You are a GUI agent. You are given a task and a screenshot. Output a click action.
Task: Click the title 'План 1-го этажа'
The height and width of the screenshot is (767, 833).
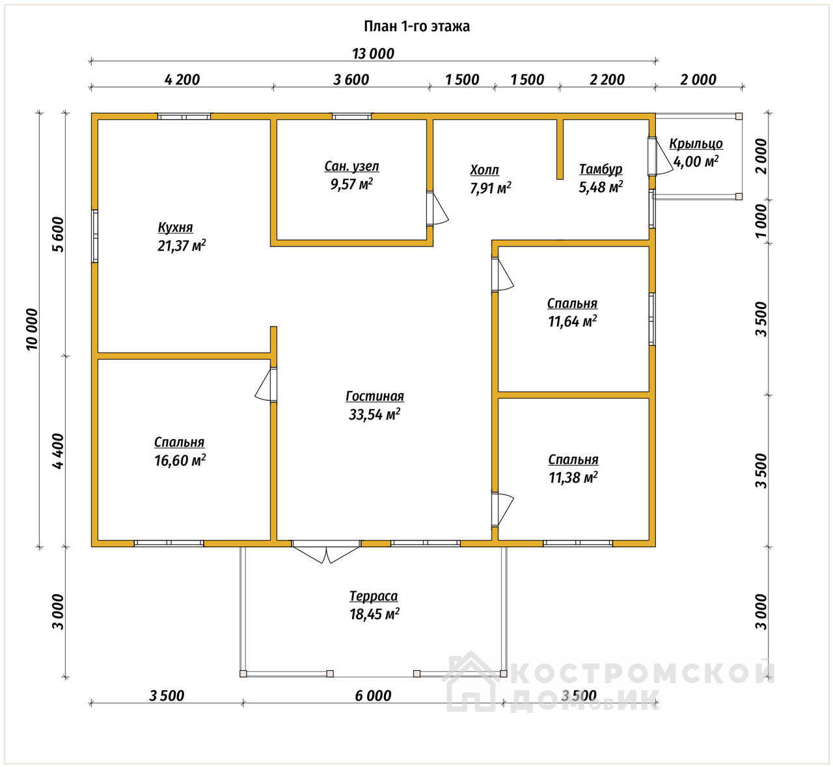point(416,27)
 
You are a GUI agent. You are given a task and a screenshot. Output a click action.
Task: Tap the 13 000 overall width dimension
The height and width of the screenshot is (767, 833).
point(373,54)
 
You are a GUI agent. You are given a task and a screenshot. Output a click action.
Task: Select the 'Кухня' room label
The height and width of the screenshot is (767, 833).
point(175,228)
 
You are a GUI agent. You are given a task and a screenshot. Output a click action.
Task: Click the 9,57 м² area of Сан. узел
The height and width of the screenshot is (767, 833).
point(351,184)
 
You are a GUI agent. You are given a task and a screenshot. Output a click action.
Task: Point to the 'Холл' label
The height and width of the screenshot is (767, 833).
point(484,170)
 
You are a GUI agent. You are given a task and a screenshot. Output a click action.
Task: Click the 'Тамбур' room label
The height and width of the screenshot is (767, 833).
point(601,169)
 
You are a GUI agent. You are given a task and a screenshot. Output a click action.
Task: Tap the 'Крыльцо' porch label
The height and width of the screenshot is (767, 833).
point(696,144)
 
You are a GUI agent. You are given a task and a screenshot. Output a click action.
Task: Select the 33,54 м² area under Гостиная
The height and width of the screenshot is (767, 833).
point(375,414)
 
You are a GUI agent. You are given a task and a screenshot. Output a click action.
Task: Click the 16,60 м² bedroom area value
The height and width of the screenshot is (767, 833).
point(180,461)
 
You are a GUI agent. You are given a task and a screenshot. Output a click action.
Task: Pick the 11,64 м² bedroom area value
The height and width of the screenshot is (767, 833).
point(572,321)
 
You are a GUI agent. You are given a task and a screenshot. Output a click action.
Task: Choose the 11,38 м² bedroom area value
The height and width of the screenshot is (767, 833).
point(573,478)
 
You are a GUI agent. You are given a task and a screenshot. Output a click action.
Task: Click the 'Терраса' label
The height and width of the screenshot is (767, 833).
point(374,596)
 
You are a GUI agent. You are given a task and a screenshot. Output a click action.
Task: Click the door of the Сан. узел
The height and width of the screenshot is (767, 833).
point(437,208)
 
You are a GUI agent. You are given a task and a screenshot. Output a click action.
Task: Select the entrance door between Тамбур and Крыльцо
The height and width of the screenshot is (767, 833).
point(659,156)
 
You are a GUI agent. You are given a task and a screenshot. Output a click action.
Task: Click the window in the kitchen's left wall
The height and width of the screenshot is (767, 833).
point(94,236)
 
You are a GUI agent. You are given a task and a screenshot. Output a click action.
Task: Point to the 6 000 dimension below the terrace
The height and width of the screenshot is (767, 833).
point(373,695)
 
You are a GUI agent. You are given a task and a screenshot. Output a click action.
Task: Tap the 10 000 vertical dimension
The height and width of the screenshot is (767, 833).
point(32,329)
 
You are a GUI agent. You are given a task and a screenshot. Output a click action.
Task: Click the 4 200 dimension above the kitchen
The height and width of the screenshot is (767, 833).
point(182,80)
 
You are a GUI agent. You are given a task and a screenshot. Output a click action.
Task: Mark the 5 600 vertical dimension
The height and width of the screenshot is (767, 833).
point(58,234)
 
